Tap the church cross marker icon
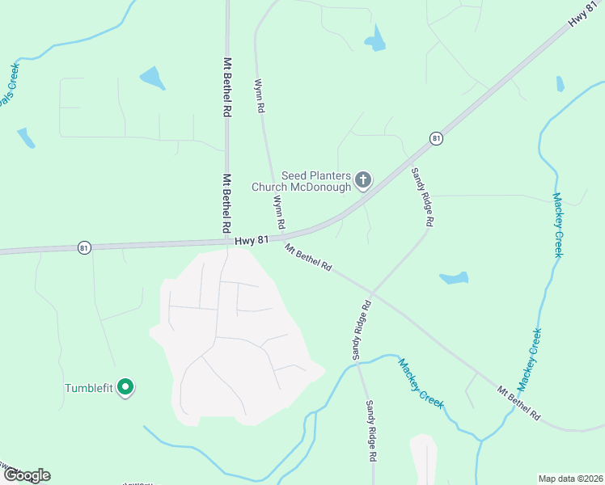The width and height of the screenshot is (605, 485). (363, 179)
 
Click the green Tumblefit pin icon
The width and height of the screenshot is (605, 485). (125, 388)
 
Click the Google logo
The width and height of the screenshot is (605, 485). (26, 475)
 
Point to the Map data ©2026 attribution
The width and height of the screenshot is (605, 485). (570, 478)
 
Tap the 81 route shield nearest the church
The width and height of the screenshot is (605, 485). (436, 139)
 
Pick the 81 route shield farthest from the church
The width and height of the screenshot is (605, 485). (84, 247)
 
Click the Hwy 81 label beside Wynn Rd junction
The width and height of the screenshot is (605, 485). (252, 240)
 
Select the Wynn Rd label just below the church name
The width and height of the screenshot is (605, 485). (278, 211)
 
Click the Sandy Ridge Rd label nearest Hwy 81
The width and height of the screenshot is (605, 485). (422, 196)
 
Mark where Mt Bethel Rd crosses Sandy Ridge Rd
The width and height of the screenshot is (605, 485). (371, 293)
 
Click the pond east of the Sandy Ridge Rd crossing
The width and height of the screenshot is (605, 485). (455, 278)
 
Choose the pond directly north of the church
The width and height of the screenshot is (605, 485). (374, 39)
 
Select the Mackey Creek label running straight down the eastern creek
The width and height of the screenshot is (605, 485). (557, 224)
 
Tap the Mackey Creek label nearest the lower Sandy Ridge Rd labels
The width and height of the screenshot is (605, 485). (421, 384)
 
